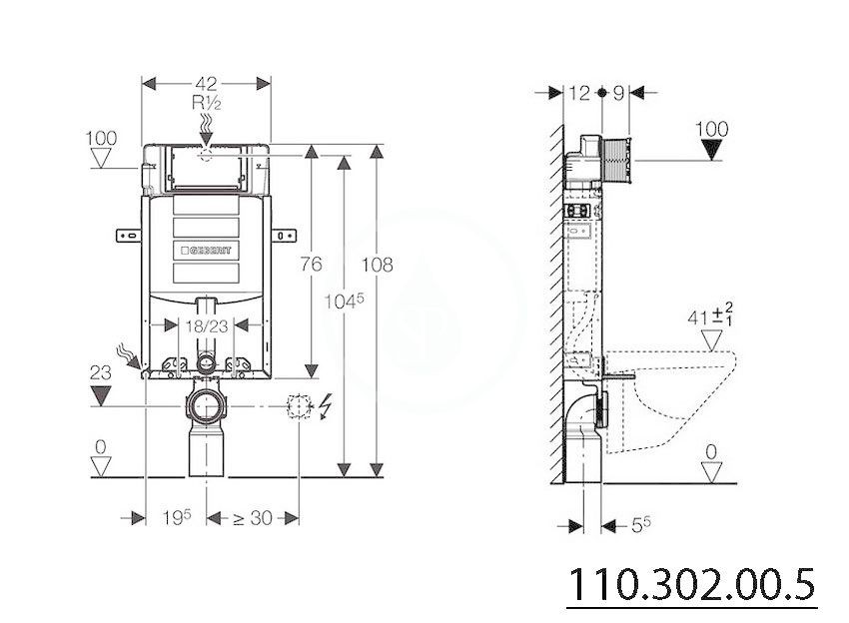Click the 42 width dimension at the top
[x=206, y=83]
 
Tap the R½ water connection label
[x=207, y=102]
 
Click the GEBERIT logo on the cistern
[x=207, y=250]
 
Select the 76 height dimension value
[x=311, y=265]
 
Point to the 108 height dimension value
[x=377, y=265]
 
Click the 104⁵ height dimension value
[x=344, y=301]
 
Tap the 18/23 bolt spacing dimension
[x=207, y=326]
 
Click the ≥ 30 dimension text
[x=253, y=518]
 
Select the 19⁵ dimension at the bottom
[x=177, y=518]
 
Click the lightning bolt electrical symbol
[x=326, y=407]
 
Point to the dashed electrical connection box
[x=300, y=406]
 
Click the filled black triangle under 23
[x=101, y=395]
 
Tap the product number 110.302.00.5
[x=691, y=585]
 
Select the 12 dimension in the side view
[x=578, y=93]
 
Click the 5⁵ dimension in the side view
[x=641, y=524]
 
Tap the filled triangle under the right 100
[x=711, y=150]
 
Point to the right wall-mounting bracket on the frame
[x=284, y=236]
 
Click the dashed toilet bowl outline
[x=670, y=400]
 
